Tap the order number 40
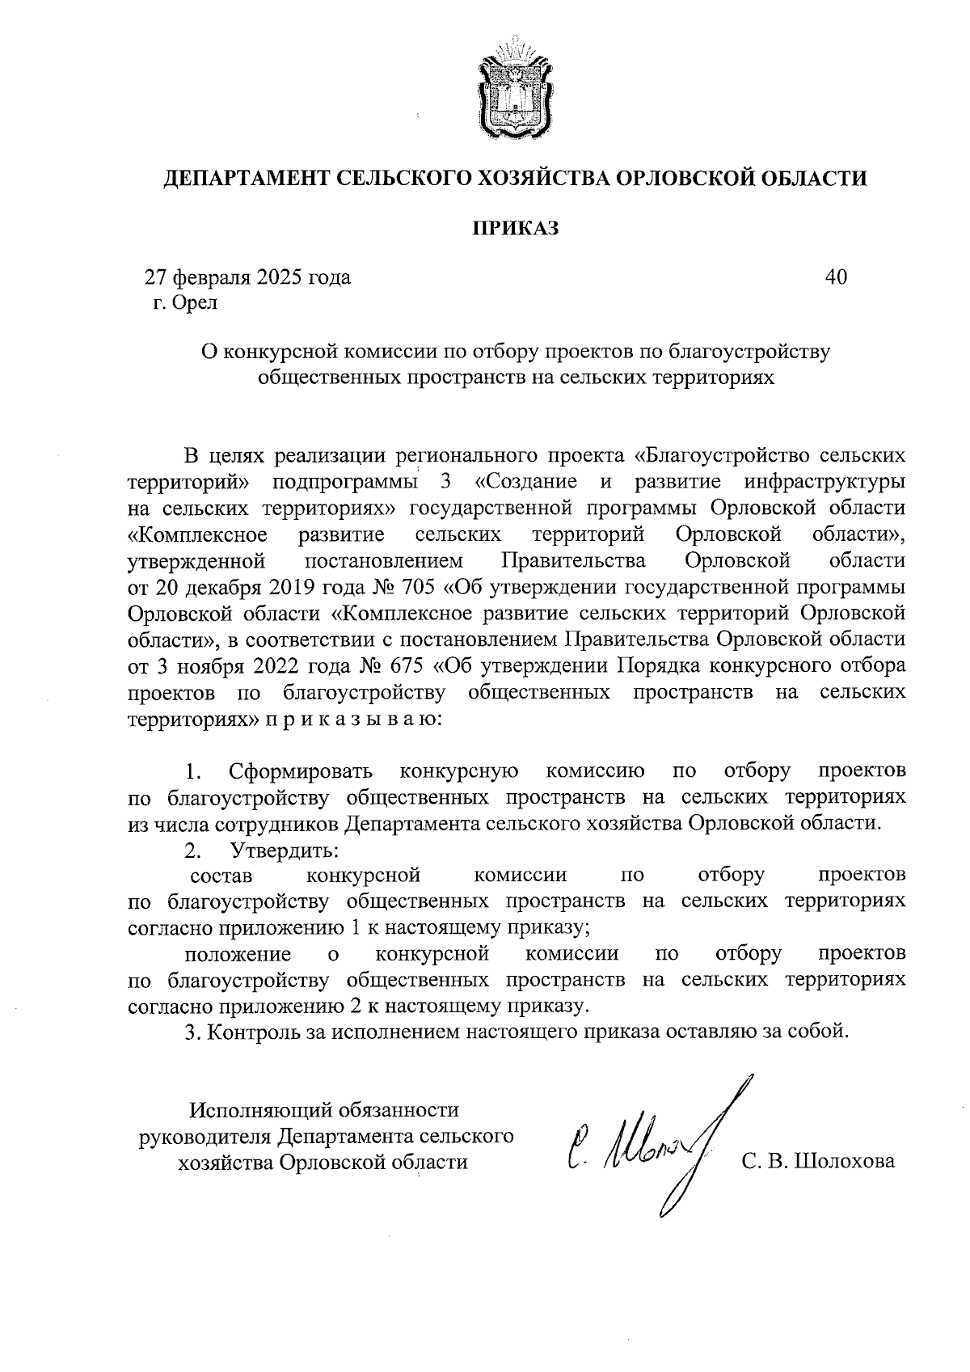click(836, 277)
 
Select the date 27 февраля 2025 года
click(247, 277)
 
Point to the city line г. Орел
click(185, 303)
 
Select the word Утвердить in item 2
click(285, 850)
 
